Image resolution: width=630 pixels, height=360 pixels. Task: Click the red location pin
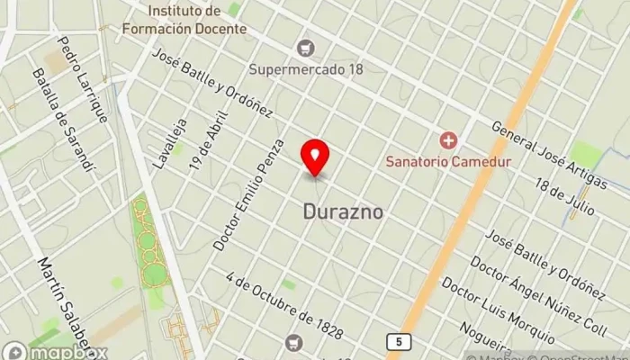[315, 157]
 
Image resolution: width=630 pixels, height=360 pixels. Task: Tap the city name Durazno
[342, 212]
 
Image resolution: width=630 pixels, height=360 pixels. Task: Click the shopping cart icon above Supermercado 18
[308, 47]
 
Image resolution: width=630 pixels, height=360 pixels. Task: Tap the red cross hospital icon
[447, 140]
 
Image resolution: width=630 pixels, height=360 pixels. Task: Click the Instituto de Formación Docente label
[196, 20]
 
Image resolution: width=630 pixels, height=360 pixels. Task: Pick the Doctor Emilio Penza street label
[249, 194]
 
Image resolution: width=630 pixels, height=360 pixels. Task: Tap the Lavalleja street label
[170, 144]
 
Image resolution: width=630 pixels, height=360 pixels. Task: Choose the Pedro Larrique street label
[83, 79]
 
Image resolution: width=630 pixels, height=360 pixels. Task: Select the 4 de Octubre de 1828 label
[284, 306]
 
